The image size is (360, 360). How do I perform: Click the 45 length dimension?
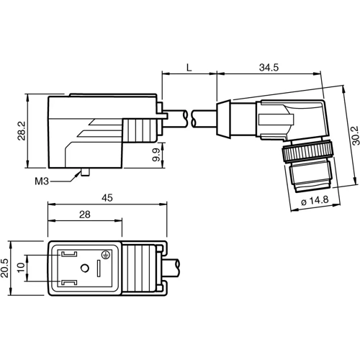point(107,197)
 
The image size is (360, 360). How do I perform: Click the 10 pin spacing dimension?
point(21,266)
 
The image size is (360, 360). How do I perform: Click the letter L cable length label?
point(188,67)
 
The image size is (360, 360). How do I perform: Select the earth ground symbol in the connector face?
point(106,255)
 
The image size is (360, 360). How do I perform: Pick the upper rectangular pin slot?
point(70,253)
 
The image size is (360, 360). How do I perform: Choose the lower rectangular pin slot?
point(70,282)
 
